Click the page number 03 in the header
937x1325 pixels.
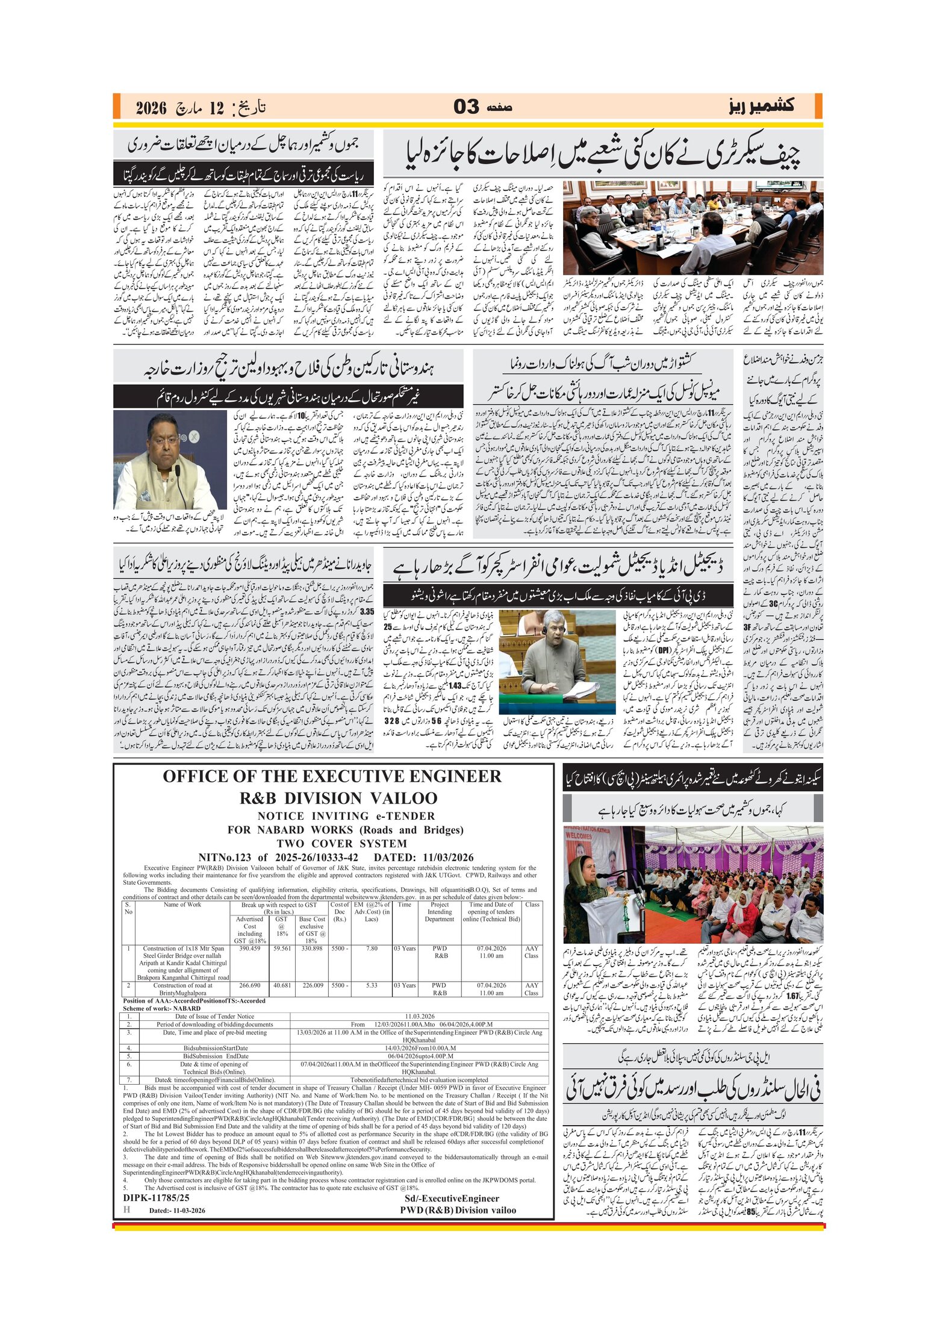[x=466, y=107]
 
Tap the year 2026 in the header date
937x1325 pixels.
[x=151, y=108]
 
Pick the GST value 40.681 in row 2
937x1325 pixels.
[x=282, y=986]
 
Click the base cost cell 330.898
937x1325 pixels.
[x=312, y=949]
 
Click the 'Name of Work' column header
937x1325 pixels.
[x=182, y=905]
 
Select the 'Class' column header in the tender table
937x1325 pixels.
[x=532, y=905]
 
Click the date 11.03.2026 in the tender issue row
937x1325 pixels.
[x=420, y=1017]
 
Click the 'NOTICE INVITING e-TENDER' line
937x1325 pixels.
[x=346, y=816]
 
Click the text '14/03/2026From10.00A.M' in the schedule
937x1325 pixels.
[x=420, y=1049]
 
